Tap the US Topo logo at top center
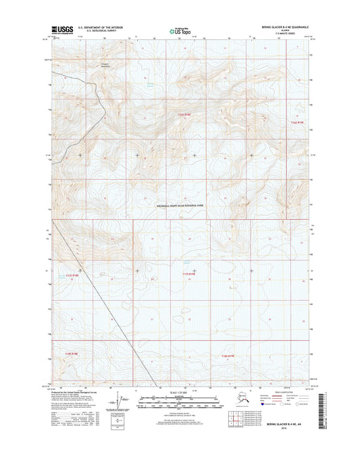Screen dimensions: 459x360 [179, 30]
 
